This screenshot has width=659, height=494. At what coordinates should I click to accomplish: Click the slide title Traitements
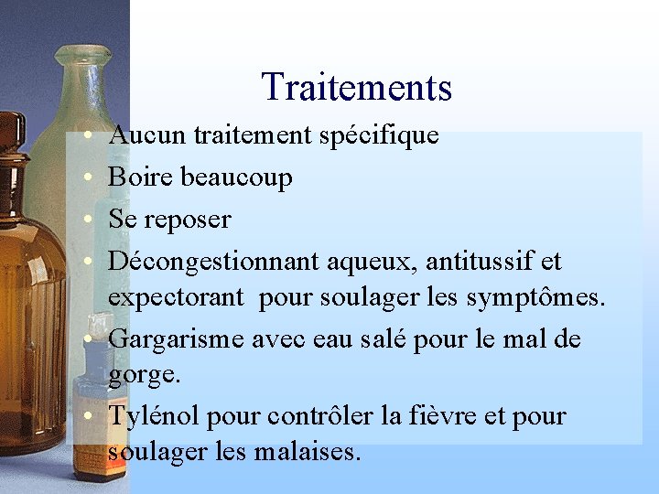pyautogui.click(x=356, y=87)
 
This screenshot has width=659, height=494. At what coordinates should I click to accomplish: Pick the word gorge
pyautogui.click(x=142, y=375)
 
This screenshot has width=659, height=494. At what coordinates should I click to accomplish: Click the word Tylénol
pyautogui.click(x=154, y=417)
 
